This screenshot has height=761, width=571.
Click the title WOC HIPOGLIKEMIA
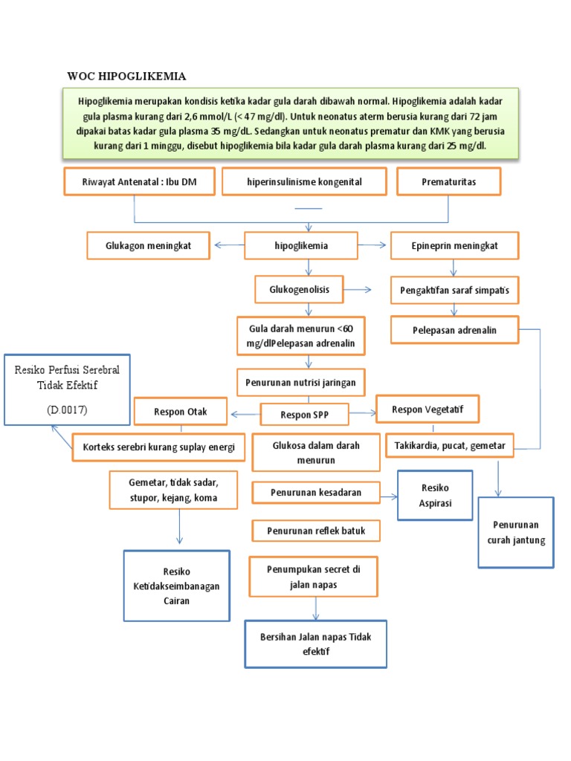tap(126, 77)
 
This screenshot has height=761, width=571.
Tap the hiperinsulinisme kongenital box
tap(303, 181)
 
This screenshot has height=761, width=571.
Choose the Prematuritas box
tap(448, 181)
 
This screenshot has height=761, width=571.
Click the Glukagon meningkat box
tap(149, 245)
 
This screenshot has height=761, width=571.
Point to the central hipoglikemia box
tap(301, 245)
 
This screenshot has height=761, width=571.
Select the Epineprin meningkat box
tap(455, 245)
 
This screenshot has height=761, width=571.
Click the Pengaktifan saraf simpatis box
tap(455, 290)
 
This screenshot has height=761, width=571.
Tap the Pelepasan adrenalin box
tap(455, 330)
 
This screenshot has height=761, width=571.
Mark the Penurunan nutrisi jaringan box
tap(301, 383)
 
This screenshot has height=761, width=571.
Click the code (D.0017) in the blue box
tap(66, 409)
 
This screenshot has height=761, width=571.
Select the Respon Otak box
tap(181, 412)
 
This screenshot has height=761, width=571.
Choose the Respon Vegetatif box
tap(428, 409)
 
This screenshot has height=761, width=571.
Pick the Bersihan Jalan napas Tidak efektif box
tap(315, 644)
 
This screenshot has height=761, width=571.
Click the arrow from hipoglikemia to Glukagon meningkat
tap(229, 245)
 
